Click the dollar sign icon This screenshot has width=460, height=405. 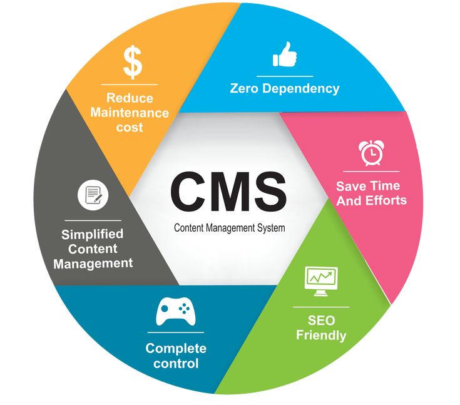click(x=131, y=61)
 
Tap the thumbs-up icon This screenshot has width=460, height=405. click(x=285, y=55)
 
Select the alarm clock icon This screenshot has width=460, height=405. click(x=371, y=153)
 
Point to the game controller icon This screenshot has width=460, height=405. click(x=175, y=311)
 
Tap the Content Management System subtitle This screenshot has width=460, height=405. click(x=229, y=228)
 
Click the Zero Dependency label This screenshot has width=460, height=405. click(x=285, y=88)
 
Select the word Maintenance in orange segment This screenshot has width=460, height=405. click(x=130, y=113)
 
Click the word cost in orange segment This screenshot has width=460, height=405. click(x=130, y=128)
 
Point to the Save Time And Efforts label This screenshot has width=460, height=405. click(x=371, y=193)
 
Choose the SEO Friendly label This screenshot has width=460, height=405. click(x=321, y=328)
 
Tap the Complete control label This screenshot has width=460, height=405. click(x=176, y=356)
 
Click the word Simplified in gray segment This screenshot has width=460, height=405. click(x=93, y=234)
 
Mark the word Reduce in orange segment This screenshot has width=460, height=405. click(x=130, y=98)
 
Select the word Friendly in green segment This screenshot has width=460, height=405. click(x=321, y=336)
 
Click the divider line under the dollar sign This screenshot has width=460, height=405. click(x=131, y=84)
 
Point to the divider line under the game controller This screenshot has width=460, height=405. click(x=176, y=332)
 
